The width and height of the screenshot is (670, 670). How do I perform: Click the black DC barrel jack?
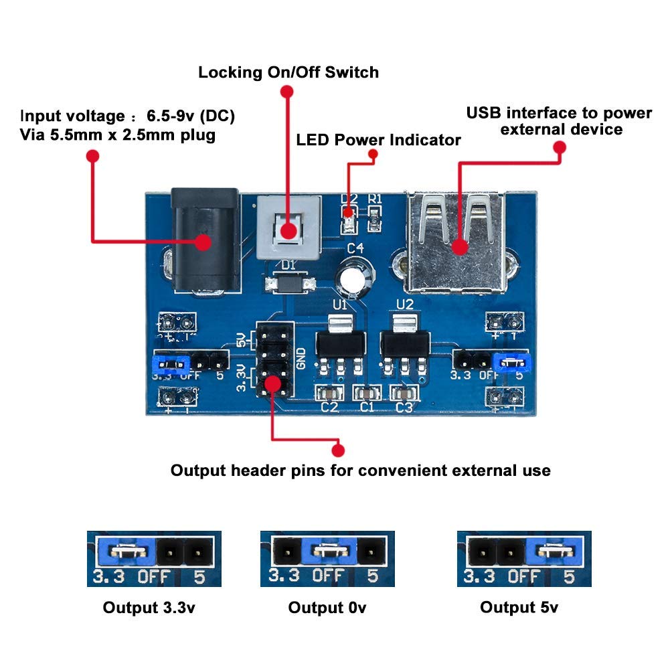(205, 242)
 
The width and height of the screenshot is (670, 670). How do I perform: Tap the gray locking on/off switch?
(289, 228)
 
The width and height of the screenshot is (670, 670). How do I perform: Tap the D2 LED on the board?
(349, 219)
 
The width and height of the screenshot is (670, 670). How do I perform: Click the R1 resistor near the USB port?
(374, 218)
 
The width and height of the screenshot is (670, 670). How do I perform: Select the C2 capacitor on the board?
(329, 393)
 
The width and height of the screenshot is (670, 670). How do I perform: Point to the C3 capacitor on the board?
(404, 393)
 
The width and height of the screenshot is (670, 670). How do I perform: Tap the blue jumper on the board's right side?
(512, 363)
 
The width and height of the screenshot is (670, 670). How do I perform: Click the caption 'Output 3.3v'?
(149, 607)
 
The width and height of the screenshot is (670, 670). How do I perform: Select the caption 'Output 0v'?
(327, 607)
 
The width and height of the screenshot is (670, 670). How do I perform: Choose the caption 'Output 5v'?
(519, 607)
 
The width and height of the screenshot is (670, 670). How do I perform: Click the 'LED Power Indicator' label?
(379, 140)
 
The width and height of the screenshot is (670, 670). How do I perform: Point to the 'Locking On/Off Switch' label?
(289, 72)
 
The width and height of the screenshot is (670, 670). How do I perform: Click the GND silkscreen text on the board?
(301, 359)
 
